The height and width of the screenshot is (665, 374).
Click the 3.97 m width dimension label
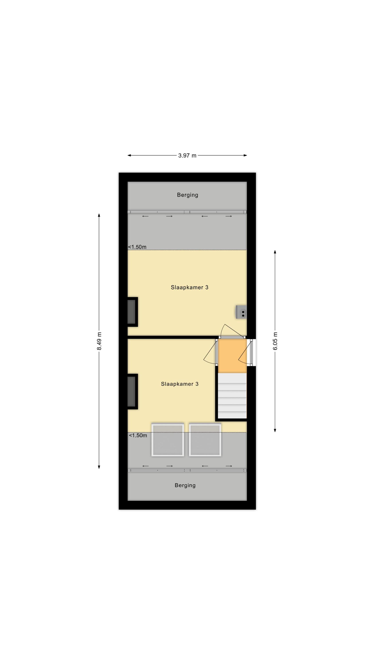point(187,155)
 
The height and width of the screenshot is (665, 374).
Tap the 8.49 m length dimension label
point(99,341)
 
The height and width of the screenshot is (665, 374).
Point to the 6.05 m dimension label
point(275,341)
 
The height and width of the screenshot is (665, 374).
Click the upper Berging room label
point(187,195)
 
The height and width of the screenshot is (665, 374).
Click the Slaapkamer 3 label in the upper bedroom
point(189,287)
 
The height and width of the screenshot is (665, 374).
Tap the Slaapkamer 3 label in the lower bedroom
point(180,384)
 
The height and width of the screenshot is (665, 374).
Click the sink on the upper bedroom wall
point(241,312)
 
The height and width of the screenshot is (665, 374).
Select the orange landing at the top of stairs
point(232,356)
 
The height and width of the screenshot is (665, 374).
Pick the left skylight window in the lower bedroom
point(168,440)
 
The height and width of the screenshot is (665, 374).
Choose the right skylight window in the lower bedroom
point(205,440)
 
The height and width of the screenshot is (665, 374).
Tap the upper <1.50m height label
point(137,247)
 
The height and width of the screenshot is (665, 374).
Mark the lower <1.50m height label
point(138,436)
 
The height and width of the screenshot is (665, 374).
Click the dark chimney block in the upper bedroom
point(132,312)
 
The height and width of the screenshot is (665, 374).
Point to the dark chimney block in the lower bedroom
point(132,391)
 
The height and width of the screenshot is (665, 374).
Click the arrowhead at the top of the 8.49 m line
point(99,215)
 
